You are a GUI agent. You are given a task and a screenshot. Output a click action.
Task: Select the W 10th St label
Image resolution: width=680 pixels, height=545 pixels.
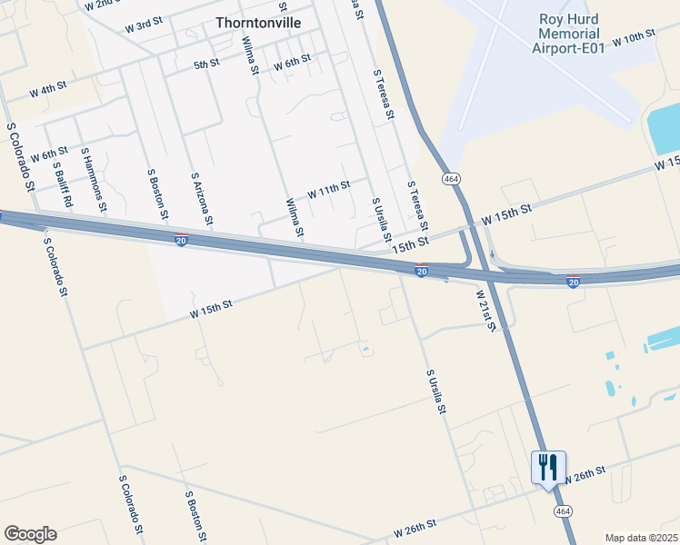(x=634, y=38)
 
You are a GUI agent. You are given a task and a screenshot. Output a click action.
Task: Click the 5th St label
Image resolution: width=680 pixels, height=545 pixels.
(x=206, y=64)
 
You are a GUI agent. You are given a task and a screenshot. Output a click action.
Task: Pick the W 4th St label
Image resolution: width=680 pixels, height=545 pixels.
(x=47, y=91)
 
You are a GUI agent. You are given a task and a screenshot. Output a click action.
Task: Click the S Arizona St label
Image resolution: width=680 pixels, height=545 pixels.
(x=202, y=198)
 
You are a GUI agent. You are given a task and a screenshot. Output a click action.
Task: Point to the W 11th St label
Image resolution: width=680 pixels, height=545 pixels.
(x=328, y=189)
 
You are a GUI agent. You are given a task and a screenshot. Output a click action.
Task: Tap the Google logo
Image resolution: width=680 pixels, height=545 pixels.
(x=30, y=534)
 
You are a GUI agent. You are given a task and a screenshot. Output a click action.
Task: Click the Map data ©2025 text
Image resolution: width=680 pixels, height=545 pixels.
(x=641, y=538)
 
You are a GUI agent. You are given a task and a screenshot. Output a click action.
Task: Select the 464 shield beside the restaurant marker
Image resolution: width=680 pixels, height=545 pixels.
(x=556, y=512)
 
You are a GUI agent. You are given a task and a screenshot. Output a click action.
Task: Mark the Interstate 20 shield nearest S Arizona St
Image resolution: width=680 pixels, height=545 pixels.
(x=182, y=241)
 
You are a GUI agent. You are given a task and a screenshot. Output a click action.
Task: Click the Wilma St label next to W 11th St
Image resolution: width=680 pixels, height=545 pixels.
(x=294, y=218)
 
